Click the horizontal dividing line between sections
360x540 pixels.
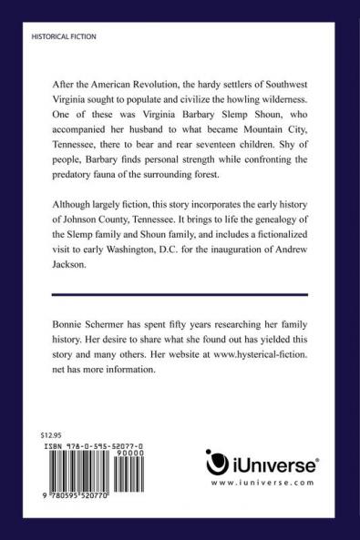pyautogui.click(x=179, y=294)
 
